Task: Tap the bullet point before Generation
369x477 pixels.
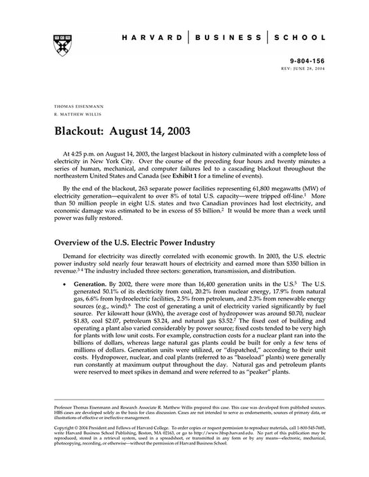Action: [x=64, y=284]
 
